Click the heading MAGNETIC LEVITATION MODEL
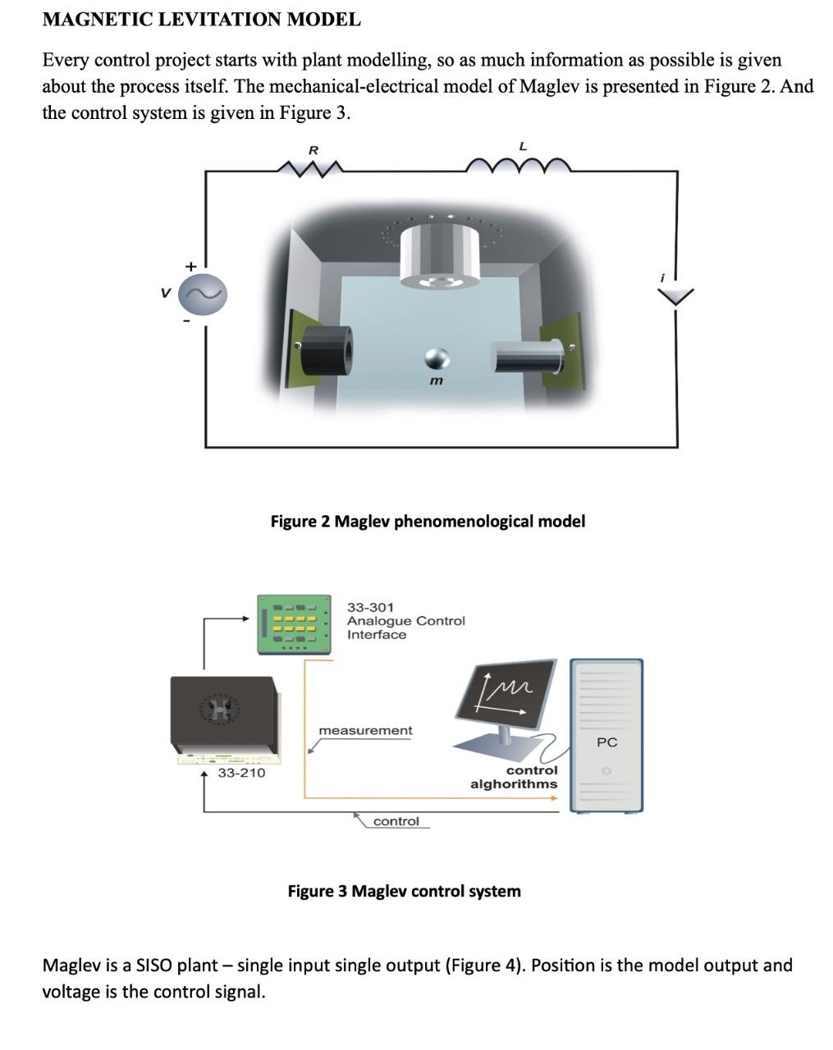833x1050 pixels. pyautogui.click(x=201, y=20)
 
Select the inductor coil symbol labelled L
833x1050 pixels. pyautogui.click(x=518, y=166)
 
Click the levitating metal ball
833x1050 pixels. pyautogui.click(x=436, y=358)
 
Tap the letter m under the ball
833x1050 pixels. pyautogui.click(x=436, y=381)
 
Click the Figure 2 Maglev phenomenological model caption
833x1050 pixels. pyautogui.click(x=428, y=521)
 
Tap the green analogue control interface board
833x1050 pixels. pyautogui.click(x=294, y=624)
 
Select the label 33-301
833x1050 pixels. pyautogui.click(x=370, y=607)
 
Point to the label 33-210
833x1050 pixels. pyautogui.click(x=241, y=773)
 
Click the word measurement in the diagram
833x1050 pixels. pyautogui.click(x=365, y=730)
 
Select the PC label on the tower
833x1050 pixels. pyautogui.click(x=606, y=742)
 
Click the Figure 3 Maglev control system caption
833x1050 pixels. pyautogui.click(x=404, y=891)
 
